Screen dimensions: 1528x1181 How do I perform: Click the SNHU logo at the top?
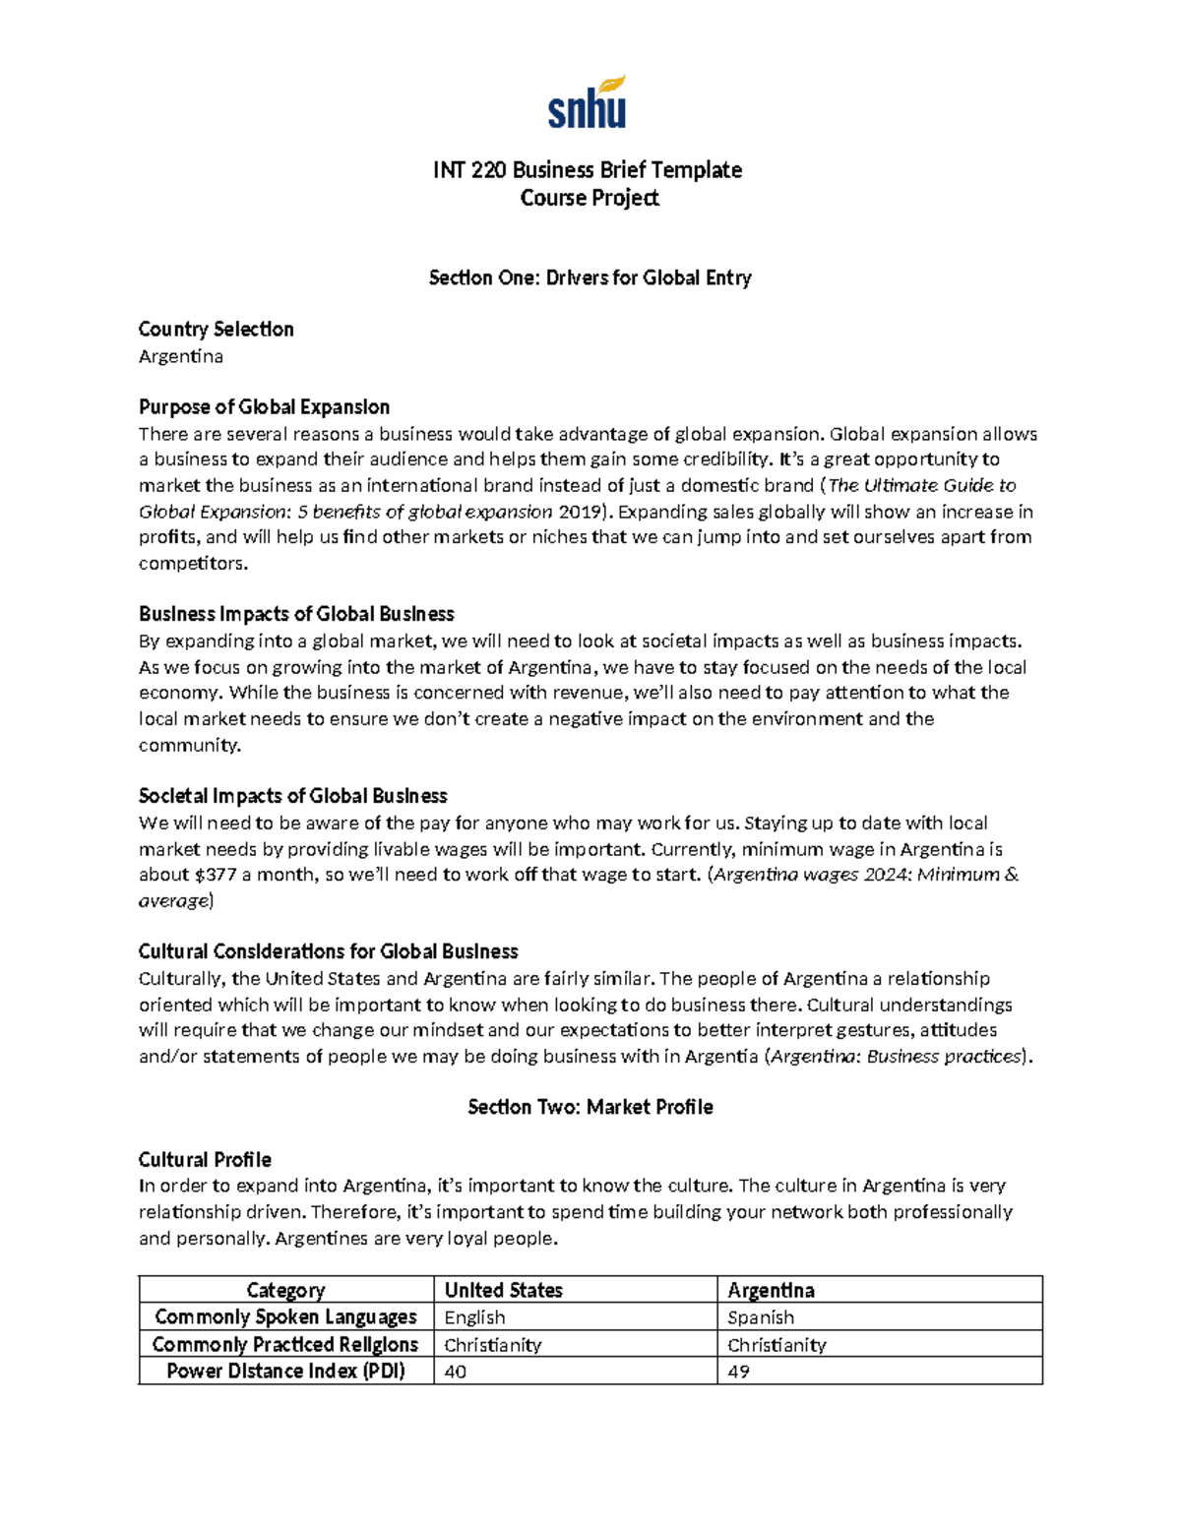pyautogui.click(x=588, y=102)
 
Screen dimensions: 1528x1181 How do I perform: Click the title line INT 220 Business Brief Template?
pyautogui.click(x=588, y=170)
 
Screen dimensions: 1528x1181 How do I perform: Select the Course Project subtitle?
pyautogui.click(x=589, y=198)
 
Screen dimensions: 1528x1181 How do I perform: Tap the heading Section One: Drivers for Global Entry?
pyautogui.click(x=590, y=278)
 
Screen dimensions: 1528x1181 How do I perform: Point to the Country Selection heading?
pyautogui.click(x=216, y=330)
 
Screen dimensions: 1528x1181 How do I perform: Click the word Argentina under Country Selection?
pyautogui.click(x=180, y=356)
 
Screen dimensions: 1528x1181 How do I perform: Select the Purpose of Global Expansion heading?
pyautogui.click(x=264, y=407)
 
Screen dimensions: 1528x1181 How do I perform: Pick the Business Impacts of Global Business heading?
pyautogui.click(x=296, y=614)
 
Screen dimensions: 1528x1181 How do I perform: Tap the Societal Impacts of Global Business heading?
pyautogui.click(x=292, y=796)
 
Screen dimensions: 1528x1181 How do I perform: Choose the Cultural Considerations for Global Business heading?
pyautogui.click(x=328, y=951)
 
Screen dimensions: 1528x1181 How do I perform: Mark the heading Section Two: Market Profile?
pyautogui.click(x=590, y=1107)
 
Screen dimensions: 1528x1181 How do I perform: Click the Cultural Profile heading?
pyautogui.click(x=205, y=1160)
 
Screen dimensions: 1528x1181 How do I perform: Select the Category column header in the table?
pyautogui.click(x=285, y=1290)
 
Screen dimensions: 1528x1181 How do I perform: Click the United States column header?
pyautogui.click(x=503, y=1290)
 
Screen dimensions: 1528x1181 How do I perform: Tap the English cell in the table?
pyautogui.click(x=474, y=1317)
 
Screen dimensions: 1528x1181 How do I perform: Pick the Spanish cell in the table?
pyautogui.click(x=760, y=1317)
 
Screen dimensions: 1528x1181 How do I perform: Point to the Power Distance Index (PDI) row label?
pyautogui.click(x=285, y=1372)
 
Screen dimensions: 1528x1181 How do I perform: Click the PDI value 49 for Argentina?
pyautogui.click(x=738, y=1372)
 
